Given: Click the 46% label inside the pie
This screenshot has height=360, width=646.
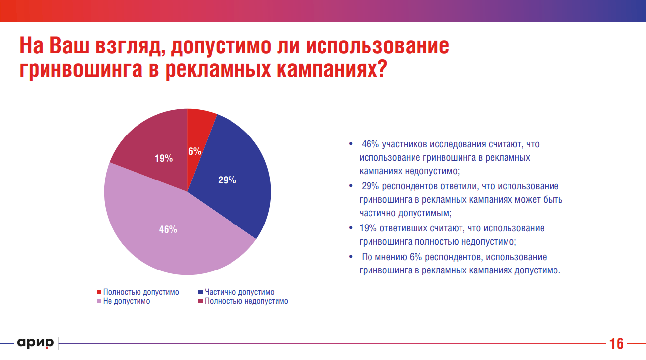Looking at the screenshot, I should pos(168,229).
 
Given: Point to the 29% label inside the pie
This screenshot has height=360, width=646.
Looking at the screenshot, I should pos(227,180).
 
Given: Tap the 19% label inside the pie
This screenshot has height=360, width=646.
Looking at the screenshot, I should pos(163,159).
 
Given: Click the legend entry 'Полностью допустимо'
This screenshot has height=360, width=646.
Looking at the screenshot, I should pos(141,292).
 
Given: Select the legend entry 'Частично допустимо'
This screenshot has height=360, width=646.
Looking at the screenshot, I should pos(239,292).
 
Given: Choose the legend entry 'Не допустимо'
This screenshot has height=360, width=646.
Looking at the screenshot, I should pos(127,301).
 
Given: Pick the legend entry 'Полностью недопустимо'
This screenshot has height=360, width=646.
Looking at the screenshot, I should pos(246,301).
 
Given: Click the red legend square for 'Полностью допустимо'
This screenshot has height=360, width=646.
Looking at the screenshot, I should pos(99,292).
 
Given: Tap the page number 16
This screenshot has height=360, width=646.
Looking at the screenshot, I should pos(616,344).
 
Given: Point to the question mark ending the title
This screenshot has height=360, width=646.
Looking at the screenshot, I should pos(379,69).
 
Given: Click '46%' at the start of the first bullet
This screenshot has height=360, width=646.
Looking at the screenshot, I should pos(370,144).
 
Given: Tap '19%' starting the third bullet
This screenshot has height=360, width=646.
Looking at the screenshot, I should pos(369,228).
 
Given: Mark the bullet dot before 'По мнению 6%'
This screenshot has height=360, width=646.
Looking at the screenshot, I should pos(351,257).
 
